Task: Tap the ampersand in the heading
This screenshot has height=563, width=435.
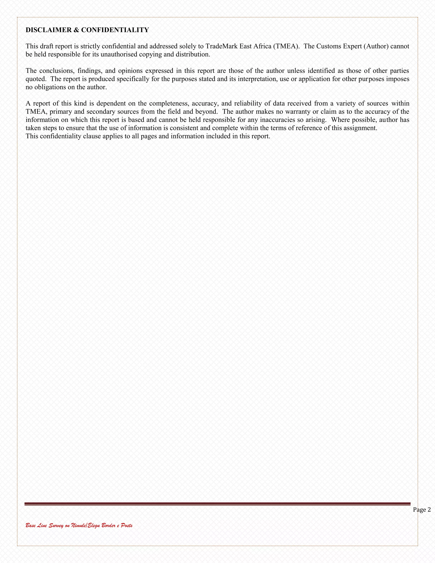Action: [76, 30]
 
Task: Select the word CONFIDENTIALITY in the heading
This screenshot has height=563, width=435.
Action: [115, 30]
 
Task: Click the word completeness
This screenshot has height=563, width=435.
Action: [169, 104]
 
